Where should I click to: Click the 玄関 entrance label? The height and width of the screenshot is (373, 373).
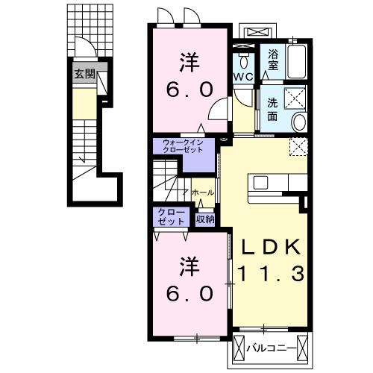[85, 74]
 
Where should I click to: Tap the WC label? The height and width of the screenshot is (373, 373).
[244, 77]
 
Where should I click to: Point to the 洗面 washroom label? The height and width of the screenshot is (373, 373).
[272, 110]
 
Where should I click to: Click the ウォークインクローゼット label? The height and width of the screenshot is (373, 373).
[183, 146]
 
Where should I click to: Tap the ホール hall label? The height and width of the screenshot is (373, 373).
[203, 192]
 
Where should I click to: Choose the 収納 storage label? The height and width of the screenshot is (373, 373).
[205, 219]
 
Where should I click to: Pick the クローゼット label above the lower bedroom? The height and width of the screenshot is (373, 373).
[172, 216]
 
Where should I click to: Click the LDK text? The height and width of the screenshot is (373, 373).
[270, 247]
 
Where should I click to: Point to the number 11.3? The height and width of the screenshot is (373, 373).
[271, 274]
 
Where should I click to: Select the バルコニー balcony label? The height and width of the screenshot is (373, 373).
[271, 348]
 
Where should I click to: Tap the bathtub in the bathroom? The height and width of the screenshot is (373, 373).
[296, 62]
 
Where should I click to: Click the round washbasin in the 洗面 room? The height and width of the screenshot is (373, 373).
[299, 122]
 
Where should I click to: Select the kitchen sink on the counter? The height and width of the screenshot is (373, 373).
[260, 183]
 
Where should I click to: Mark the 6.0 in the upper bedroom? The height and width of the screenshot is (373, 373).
[189, 90]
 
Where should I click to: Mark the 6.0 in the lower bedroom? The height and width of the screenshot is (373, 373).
[189, 293]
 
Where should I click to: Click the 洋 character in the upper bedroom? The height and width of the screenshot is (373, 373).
[189, 62]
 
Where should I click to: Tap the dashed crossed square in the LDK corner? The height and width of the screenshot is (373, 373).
[299, 147]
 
